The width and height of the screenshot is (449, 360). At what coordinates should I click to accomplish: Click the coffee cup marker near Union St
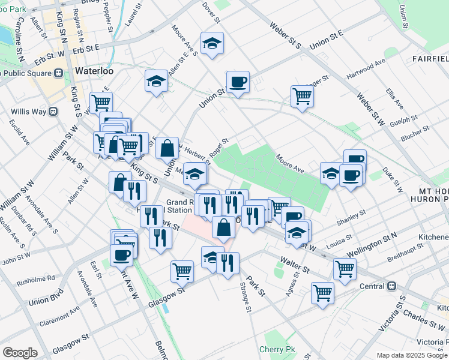(x=238, y=82)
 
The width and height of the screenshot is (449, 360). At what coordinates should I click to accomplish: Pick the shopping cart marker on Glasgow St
(x=182, y=271)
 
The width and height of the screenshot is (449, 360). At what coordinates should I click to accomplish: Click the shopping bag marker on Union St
(x=167, y=147)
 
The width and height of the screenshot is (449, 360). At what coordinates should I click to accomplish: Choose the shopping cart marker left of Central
(x=322, y=293)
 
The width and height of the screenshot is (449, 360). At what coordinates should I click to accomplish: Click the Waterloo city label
(x=95, y=71)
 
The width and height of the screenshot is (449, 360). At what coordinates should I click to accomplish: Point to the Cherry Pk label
(x=274, y=349)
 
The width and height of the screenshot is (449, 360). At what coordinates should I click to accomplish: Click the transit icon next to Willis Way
(x=53, y=111)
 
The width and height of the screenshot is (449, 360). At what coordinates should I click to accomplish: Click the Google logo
(x=20, y=353)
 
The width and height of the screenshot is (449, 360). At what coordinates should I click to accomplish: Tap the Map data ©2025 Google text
(x=412, y=355)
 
